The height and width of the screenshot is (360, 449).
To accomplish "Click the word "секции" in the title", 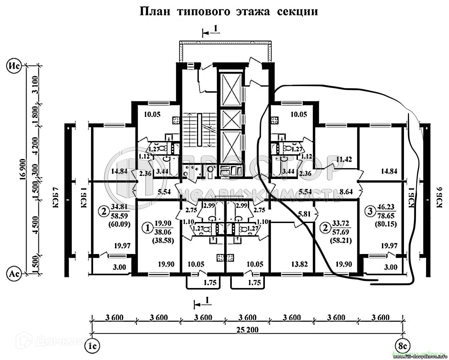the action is coord(297,12).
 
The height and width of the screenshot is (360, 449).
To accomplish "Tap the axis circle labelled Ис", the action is coord(14,66).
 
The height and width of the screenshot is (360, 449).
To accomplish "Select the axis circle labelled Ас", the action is coord(14,274).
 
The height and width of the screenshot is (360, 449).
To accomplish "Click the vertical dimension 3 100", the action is coord(36,85).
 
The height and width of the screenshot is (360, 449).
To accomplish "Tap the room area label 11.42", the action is coord(346,159).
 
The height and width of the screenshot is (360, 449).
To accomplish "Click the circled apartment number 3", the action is coord(369,211).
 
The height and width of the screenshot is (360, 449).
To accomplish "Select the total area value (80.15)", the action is coord(386,224).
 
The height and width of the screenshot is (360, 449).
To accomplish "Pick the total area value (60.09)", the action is coord(119,224).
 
